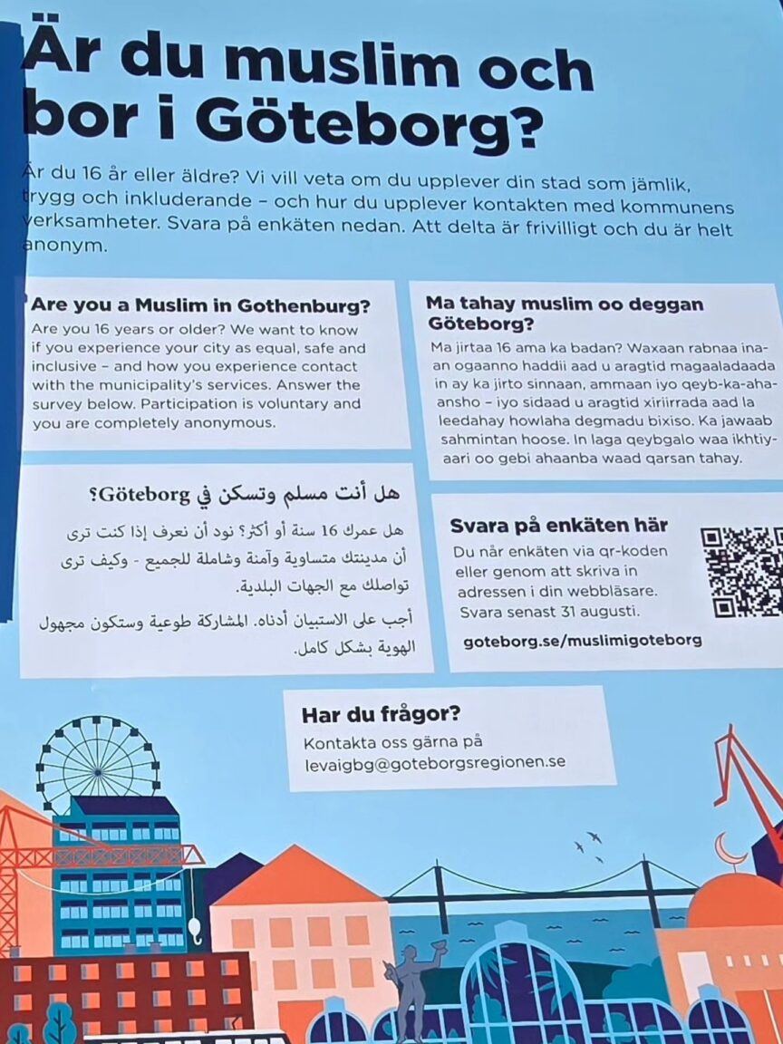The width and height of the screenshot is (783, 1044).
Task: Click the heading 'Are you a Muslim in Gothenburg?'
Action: pos(201,305)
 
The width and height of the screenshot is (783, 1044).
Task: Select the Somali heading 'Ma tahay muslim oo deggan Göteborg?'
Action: pos(565,314)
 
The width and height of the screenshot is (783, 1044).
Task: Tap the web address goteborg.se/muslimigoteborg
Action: pos(582,640)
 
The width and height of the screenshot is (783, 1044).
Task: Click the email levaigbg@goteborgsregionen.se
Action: pos(435,762)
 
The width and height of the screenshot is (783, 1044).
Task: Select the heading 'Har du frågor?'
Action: pos(381,714)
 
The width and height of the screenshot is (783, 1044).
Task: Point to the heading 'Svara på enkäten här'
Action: pos(558,526)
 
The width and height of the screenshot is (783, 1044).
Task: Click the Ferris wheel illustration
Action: pos(97,763)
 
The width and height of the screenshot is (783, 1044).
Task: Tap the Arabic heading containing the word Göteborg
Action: pos(245,495)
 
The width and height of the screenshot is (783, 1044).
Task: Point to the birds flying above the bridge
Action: pos(588,844)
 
